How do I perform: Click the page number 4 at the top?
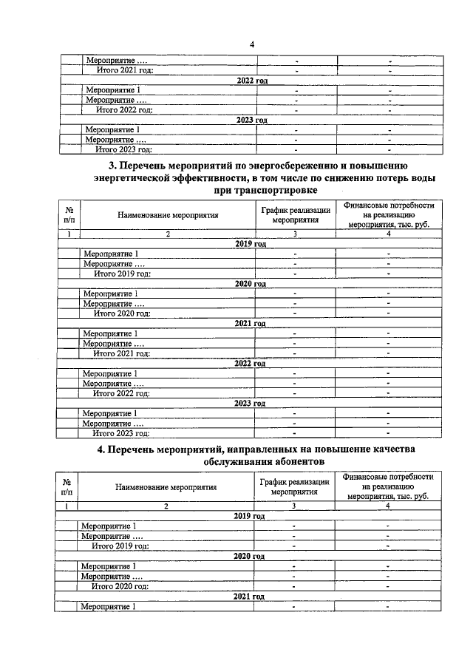pyautogui.click(x=251, y=44)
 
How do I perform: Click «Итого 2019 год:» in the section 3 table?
pyautogui.click(x=122, y=274)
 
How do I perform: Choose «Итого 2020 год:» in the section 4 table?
pyautogui.click(x=120, y=585)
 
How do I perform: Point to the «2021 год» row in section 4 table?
pyautogui.click(x=248, y=596)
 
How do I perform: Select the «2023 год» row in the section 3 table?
pyautogui.click(x=249, y=403)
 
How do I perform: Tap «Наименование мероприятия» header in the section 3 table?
pyautogui.click(x=168, y=214)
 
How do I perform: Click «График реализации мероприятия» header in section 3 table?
pyautogui.click(x=295, y=214)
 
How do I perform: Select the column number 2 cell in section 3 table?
pyautogui.click(x=168, y=234)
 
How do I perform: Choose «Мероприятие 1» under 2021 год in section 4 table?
pyautogui.click(x=108, y=606)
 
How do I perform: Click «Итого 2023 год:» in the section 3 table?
pyautogui.click(x=121, y=433)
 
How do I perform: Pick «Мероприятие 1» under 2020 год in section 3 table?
pyautogui.click(x=110, y=293)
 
